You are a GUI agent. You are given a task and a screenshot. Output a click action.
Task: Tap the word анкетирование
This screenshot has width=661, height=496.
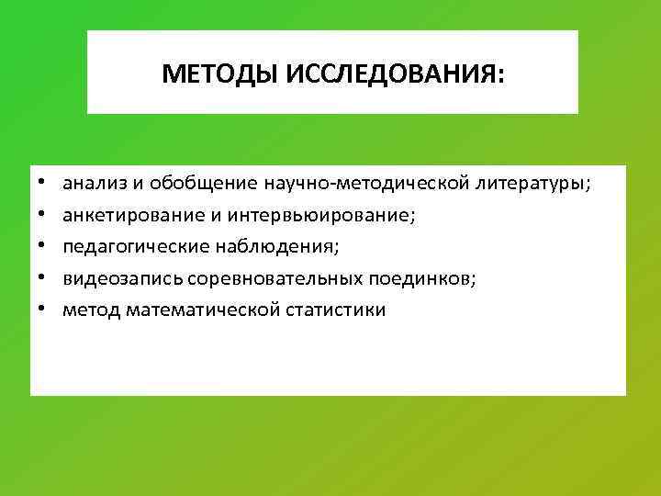coord(125,215)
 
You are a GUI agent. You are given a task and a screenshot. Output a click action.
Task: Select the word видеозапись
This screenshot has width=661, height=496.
coord(114,278)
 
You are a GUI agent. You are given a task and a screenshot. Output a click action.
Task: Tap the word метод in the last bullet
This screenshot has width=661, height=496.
coord(89,310)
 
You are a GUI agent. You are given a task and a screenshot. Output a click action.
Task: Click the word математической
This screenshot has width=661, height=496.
coord(197,310)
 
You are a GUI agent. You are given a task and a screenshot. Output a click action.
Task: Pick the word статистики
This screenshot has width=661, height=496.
coord(334,310)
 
